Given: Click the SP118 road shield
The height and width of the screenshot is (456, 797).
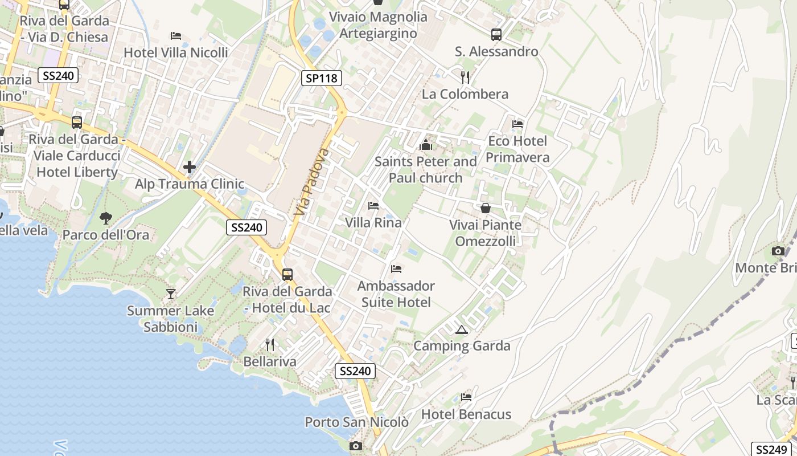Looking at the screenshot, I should tap(321, 78).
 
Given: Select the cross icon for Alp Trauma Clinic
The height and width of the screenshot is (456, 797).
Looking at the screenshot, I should tap(190, 167).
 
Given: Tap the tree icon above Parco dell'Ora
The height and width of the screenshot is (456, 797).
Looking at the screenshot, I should tap(105, 217).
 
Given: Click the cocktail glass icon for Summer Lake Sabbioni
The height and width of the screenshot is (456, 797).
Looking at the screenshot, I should tap(170, 294).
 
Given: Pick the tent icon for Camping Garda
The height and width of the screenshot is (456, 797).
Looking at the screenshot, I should tap(461, 329).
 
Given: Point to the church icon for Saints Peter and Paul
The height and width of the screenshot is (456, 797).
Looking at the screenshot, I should tap(425, 145).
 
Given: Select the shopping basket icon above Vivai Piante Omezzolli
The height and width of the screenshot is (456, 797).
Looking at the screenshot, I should tap(486, 208).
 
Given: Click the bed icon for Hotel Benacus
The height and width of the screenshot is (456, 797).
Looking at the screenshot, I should tap(466, 397).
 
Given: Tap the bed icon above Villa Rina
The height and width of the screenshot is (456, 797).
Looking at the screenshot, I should tap(373, 205).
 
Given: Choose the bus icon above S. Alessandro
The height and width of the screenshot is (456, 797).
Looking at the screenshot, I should tap(496, 34).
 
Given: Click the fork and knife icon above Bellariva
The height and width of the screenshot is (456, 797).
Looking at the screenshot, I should tap(270, 344).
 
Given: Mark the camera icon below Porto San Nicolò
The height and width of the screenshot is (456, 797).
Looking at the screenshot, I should tap(356, 446).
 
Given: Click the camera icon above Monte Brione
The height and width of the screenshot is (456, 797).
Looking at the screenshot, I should tap(778, 251).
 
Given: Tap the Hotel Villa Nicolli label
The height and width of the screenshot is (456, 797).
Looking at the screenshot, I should tap(176, 52).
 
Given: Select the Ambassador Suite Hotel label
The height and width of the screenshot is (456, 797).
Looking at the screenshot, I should tap(396, 294).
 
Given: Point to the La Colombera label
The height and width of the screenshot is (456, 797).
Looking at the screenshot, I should tap(465, 94).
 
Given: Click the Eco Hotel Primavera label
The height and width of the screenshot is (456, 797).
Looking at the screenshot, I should tap(517, 149).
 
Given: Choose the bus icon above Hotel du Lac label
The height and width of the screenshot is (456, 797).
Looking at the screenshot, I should tap(287, 275).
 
